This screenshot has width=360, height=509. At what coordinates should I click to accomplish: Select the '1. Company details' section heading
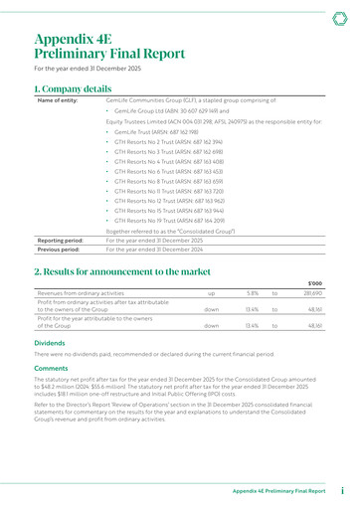[73, 88]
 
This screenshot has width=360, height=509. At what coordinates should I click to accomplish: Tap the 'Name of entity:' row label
[57, 102]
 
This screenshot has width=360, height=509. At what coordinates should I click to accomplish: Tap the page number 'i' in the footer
[341, 491]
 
